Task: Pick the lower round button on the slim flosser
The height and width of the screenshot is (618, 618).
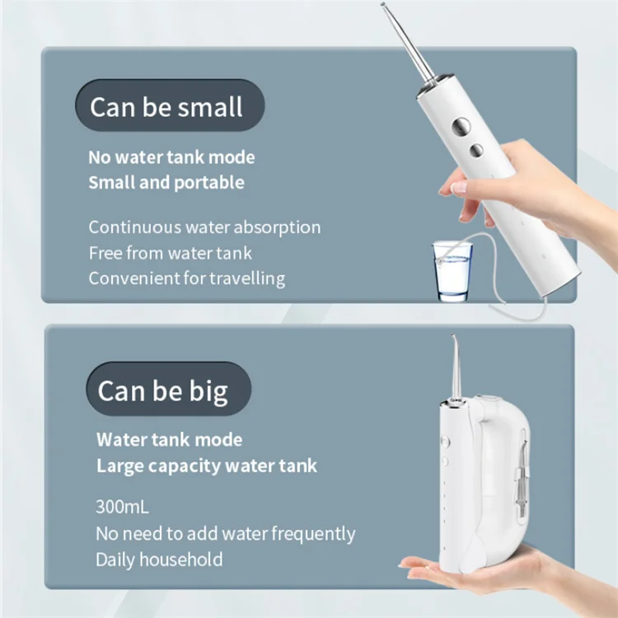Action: [x=475, y=149]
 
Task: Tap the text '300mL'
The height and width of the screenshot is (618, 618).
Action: [x=122, y=506]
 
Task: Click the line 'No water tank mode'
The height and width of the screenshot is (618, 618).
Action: [x=171, y=157]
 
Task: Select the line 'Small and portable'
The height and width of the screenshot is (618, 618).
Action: [x=166, y=183]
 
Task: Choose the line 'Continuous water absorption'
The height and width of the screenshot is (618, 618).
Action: [x=204, y=227]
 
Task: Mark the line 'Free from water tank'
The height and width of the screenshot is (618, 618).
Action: [x=170, y=252]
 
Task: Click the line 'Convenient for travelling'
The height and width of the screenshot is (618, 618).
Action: [x=186, y=278]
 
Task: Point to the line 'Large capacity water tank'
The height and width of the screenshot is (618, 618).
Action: [x=206, y=466]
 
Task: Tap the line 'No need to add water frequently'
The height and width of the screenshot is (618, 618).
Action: [x=225, y=533]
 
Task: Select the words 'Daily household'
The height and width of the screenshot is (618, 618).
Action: [x=159, y=559]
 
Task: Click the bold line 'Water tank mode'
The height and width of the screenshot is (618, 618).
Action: [x=169, y=439]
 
